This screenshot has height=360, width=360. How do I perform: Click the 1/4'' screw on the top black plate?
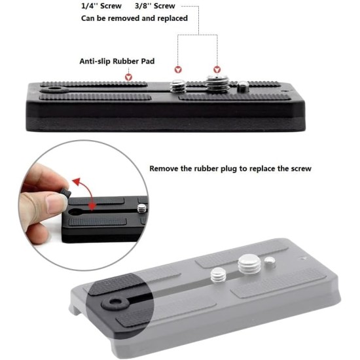(177, 85)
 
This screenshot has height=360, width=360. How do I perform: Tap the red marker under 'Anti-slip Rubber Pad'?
(129, 77)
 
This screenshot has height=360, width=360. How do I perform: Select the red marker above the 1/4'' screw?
(177, 69)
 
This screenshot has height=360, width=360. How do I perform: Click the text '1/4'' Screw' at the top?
(101, 5)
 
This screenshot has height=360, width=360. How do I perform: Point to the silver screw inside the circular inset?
(141, 209)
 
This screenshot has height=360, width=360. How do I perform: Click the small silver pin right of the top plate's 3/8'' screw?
(243, 86)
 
